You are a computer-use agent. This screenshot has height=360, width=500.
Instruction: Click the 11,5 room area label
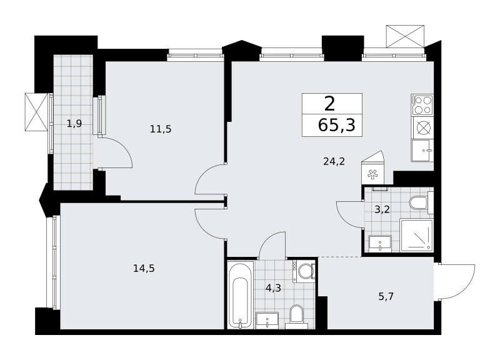point(161,129)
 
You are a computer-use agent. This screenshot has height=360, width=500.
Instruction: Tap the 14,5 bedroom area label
point(144,269)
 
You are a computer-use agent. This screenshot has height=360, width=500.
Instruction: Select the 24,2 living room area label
point(334,162)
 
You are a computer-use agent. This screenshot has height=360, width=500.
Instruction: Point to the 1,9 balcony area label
point(74,123)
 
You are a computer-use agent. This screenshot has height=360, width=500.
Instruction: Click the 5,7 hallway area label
point(386,296)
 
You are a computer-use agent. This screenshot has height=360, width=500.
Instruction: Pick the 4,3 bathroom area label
point(273,288)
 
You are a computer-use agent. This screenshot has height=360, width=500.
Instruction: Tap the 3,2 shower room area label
point(382,210)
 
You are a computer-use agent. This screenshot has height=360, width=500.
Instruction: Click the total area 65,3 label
point(336,125)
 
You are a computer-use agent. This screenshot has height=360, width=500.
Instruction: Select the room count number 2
point(330,104)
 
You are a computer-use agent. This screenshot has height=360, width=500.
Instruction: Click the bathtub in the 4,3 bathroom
point(241,296)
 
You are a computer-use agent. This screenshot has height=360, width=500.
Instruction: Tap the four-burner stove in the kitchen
point(422,104)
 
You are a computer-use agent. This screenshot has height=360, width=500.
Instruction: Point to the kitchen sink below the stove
point(422,151)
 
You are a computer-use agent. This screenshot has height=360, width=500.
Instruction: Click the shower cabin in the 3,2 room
point(416,236)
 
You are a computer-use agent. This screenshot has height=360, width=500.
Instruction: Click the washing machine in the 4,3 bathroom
point(304,271)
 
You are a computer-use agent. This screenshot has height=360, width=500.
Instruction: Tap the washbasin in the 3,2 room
point(380,244)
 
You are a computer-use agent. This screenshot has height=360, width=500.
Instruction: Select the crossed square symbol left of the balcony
point(36,112)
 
